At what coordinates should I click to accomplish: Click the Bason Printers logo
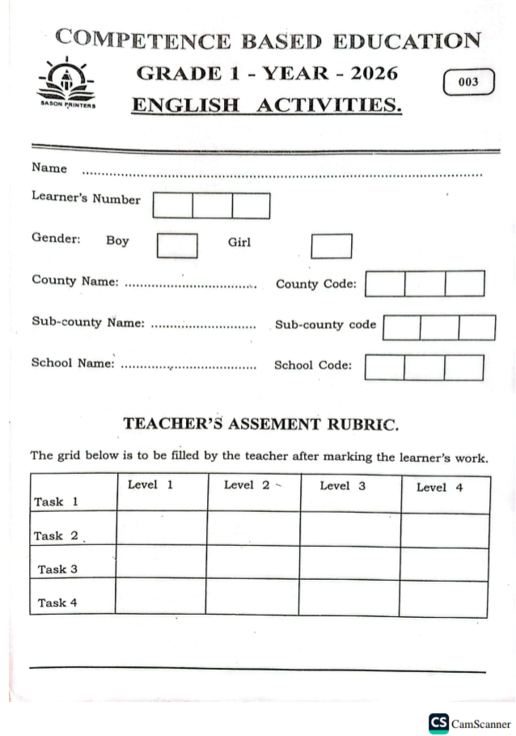66,85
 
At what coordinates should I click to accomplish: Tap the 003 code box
468,82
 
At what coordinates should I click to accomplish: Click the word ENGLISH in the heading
188,104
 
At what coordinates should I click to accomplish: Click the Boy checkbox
177,245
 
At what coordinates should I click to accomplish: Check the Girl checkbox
332,246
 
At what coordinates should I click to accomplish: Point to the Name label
49,168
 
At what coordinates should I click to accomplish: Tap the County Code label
315,284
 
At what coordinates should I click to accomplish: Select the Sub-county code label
325,324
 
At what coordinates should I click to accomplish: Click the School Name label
73,363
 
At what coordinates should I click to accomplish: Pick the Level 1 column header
150,485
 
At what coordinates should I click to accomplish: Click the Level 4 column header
439,488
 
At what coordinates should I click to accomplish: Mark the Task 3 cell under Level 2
253,563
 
